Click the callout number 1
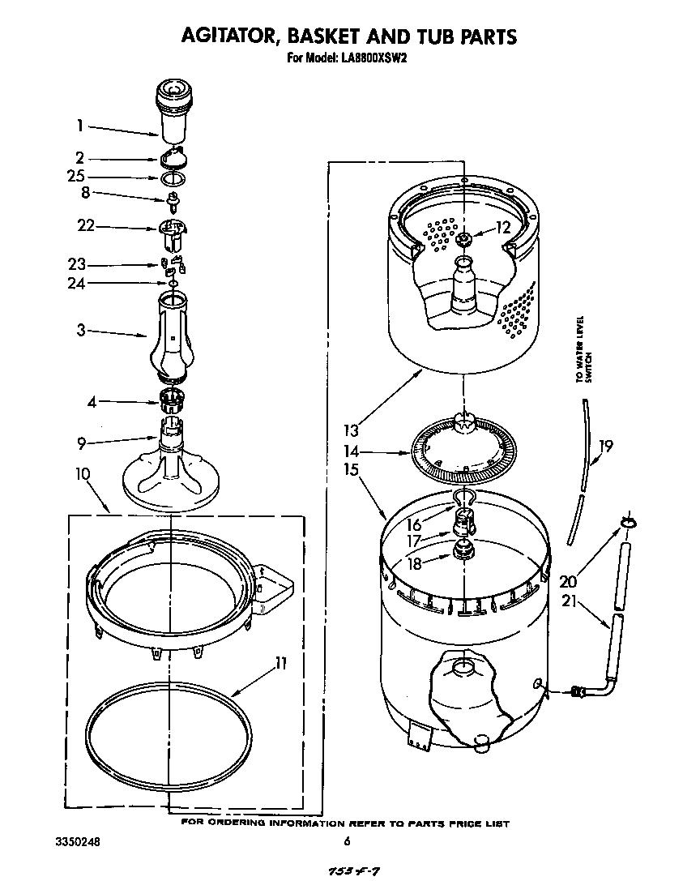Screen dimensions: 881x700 (x=80, y=126)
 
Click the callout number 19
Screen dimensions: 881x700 (x=605, y=446)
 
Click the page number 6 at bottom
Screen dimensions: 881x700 (x=346, y=841)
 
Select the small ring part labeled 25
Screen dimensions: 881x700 (x=173, y=177)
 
